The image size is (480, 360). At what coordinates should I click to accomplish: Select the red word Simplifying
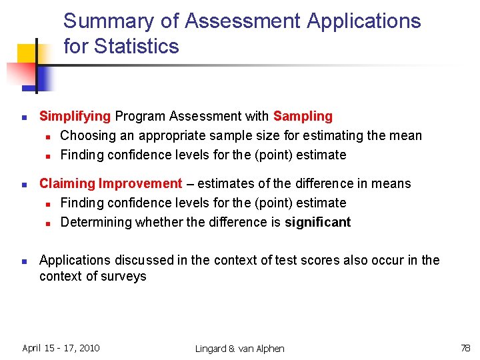pyautogui.click(x=75, y=116)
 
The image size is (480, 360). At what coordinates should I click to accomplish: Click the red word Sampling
pyautogui.click(x=303, y=116)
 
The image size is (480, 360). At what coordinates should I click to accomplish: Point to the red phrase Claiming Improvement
pyautogui.click(x=111, y=183)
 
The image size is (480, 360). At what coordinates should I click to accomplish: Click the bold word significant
pyautogui.click(x=317, y=222)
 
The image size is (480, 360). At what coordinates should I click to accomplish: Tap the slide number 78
pyautogui.click(x=465, y=348)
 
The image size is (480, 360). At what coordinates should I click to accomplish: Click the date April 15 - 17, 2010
pyautogui.click(x=61, y=348)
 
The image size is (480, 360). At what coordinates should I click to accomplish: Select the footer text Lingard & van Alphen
pyautogui.click(x=239, y=349)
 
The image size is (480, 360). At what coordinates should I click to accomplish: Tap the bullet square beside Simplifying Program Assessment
pyautogui.click(x=23, y=117)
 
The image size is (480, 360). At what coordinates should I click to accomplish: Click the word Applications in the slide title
pyautogui.click(x=363, y=21)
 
